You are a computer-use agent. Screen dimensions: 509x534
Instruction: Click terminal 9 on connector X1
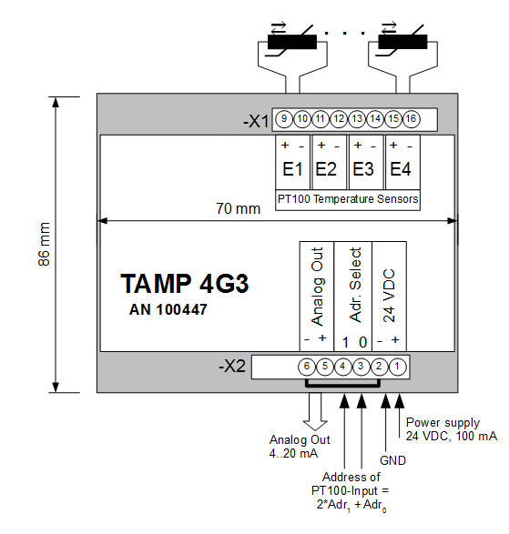click(284, 119)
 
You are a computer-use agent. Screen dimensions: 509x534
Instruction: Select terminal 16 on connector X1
click(412, 119)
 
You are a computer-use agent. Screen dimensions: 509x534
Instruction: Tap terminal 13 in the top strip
click(357, 119)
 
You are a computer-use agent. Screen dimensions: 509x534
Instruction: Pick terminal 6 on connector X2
click(307, 367)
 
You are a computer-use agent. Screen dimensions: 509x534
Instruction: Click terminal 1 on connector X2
click(397, 367)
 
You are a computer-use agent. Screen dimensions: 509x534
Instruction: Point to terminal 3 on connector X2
click(361, 367)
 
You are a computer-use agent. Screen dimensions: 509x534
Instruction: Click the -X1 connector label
click(256, 121)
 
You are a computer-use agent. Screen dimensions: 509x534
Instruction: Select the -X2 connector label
click(232, 367)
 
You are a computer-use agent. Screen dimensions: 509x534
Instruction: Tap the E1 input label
click(292, 169)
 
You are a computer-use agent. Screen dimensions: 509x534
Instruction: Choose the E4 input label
click(401, 169)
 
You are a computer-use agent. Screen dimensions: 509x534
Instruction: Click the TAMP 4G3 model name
click(185, 283)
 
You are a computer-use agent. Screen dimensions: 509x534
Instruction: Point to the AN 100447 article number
click(168, 310)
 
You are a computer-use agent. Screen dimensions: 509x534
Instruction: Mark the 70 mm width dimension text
click(238, 208)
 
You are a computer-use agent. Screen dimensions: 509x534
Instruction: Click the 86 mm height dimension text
click(45, 244)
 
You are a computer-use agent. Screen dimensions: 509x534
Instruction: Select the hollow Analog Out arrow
click(315, 411)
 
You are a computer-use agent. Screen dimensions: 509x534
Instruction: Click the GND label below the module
click(392, 461)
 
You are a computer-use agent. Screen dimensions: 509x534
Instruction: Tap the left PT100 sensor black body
click(292, 42)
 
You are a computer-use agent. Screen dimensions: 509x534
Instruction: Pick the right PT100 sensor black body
click(402, 42)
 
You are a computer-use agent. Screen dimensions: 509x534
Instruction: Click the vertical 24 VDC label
click(389, 296)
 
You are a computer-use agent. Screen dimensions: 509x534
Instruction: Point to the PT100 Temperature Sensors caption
click(348, 199)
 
